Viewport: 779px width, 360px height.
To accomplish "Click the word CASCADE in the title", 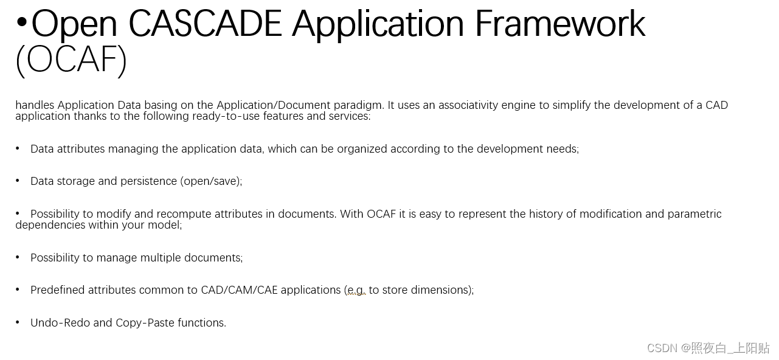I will [205, 24].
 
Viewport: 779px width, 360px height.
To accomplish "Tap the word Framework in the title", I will [559, 24].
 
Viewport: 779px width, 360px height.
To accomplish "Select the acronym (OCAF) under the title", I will [71, 60].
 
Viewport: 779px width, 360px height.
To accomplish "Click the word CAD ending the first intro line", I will [716, 105].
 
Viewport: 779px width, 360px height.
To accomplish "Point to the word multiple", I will [161, 258].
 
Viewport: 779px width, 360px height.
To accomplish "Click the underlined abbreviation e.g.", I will [356, 291].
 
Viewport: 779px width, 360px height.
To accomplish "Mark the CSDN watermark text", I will [708, 348].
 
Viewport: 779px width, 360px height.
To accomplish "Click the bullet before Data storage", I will [18, 181].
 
